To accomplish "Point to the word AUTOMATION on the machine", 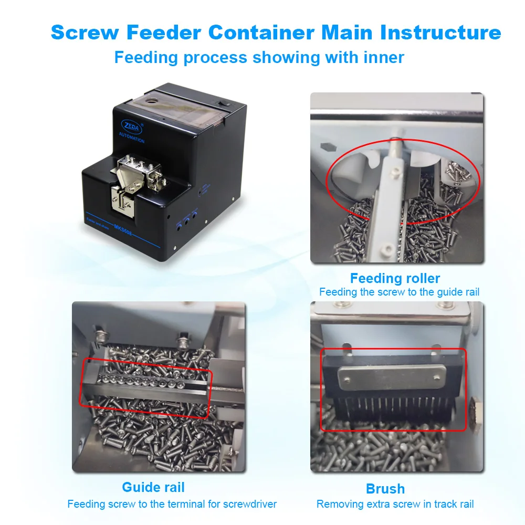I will [x=132, y=141].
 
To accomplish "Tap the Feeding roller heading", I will [x=395, y=278].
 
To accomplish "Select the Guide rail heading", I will [x=153, y=487].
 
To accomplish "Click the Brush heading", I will [x=385, y=489].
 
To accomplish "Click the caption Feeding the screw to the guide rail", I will [x=399, y=292].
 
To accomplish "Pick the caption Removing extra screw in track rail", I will [x=395, y=504].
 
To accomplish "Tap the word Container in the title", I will [x=261, y=33].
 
